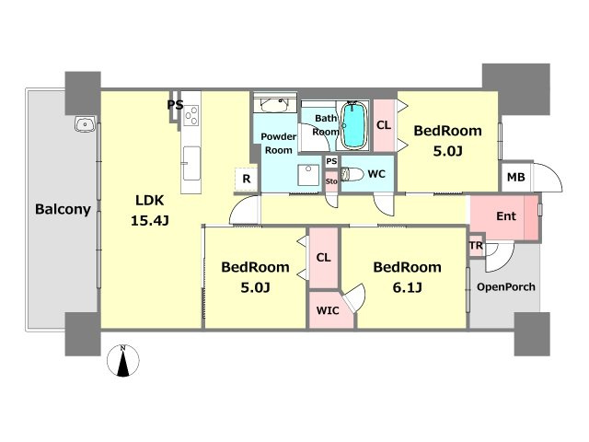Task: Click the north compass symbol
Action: (x=122, y=360)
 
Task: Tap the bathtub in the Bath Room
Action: (x=353, y=125)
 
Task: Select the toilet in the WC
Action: (x=352, y=174)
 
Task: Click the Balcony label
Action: (x=63, y=209)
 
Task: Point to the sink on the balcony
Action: (x=86, y=124)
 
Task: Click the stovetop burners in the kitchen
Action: (x=191, y=115)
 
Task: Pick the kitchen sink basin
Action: (x=191, y=164)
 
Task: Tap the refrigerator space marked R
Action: (x=247, y=179)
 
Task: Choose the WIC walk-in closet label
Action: (x=328, y=311)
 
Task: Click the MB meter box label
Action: (x=515, y=177)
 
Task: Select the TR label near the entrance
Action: (x=476, y=246)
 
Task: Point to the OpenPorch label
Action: (x=506, y=287)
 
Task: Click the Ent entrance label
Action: (x=506, y=216)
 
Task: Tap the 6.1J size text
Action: (x=407, y=288)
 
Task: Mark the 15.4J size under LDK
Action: (x=149, y=220)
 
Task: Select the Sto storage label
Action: (x=331, y=181)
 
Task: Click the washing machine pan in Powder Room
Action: (x=308, y=175)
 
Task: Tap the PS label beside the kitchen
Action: (x=175, y=104)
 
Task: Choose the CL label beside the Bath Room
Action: (x=384, y=125)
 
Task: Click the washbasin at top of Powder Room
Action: (x=274, y=105)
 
